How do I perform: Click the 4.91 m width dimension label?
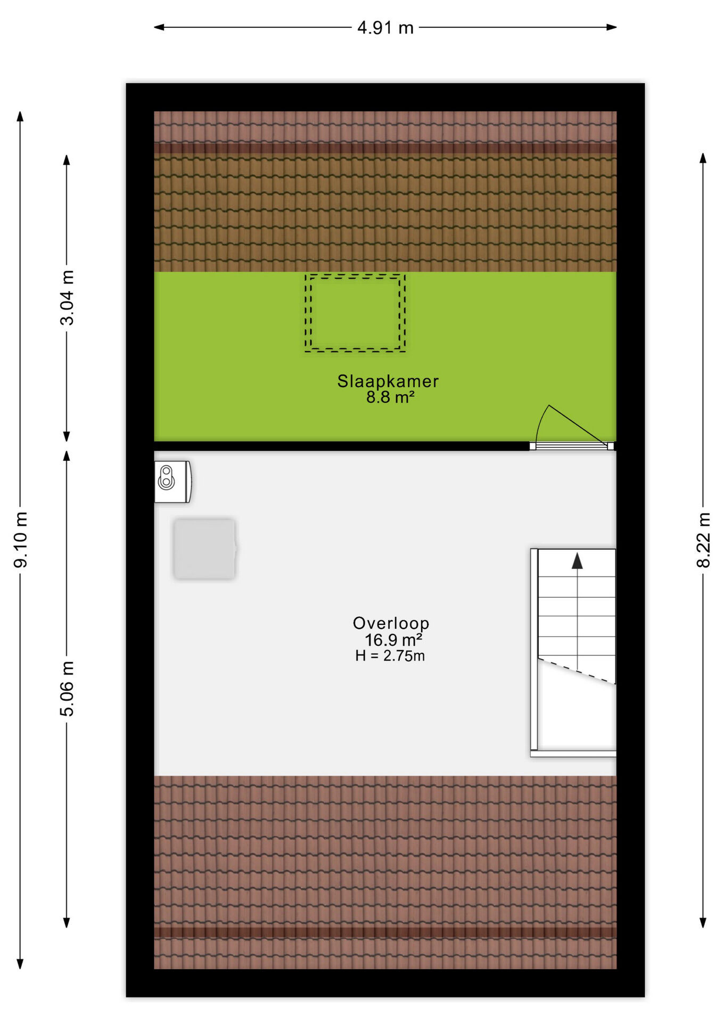385,28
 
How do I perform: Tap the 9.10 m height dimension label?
21,540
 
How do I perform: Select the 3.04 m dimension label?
67,297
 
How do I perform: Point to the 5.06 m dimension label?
67,688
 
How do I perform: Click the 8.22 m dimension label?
703,540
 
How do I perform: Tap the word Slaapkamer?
388,381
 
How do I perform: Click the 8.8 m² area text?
390,397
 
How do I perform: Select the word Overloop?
391,623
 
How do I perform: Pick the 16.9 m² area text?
393,639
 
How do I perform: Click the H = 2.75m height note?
390,656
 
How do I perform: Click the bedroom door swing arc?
540,421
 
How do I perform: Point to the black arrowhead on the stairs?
577,561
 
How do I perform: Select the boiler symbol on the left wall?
173,482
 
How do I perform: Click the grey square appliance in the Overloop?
204,549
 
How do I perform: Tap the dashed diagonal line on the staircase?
577,671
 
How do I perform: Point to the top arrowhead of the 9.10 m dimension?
20,117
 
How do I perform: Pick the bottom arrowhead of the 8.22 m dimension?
703,922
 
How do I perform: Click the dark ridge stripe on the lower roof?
385,932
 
